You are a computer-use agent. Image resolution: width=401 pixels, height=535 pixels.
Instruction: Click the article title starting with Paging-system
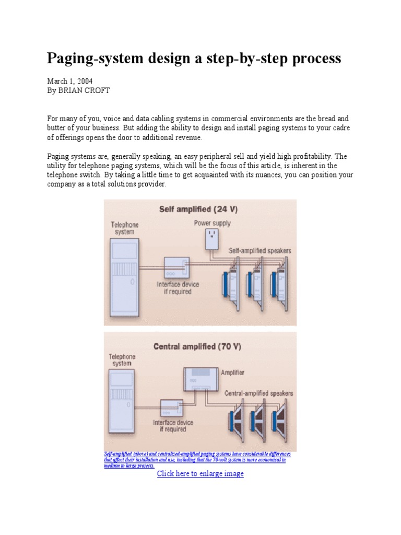click(x=194, y=58)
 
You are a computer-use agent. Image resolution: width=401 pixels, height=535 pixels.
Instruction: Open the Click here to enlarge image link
click(x=200, y=473)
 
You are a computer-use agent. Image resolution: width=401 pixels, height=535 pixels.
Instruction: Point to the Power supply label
click(x=212, y=223)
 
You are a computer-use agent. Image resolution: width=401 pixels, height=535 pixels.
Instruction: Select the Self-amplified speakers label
click(x=260, y=251)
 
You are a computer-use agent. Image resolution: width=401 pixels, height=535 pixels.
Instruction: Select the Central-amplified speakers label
click(x=258, y=393)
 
